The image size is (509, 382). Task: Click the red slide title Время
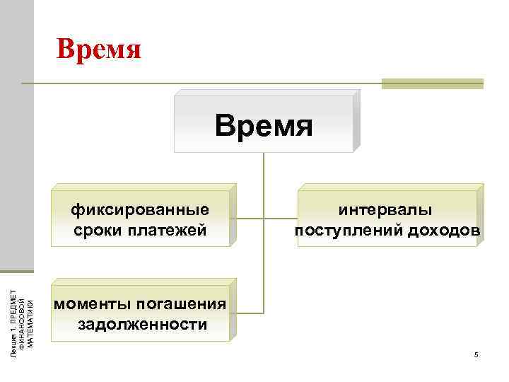(x=100, y=50)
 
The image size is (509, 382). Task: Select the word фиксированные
(x=140, y=210)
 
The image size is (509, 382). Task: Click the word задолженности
(x=142, y=325)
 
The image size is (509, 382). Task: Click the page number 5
(x=476, y=354)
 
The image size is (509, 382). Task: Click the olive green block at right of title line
(x=432, y=83)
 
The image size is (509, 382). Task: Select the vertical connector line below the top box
(x=264, y=170)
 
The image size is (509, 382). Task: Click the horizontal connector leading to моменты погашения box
(x=247, y=312)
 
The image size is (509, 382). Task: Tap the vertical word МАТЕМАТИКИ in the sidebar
(x=30, y=316)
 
